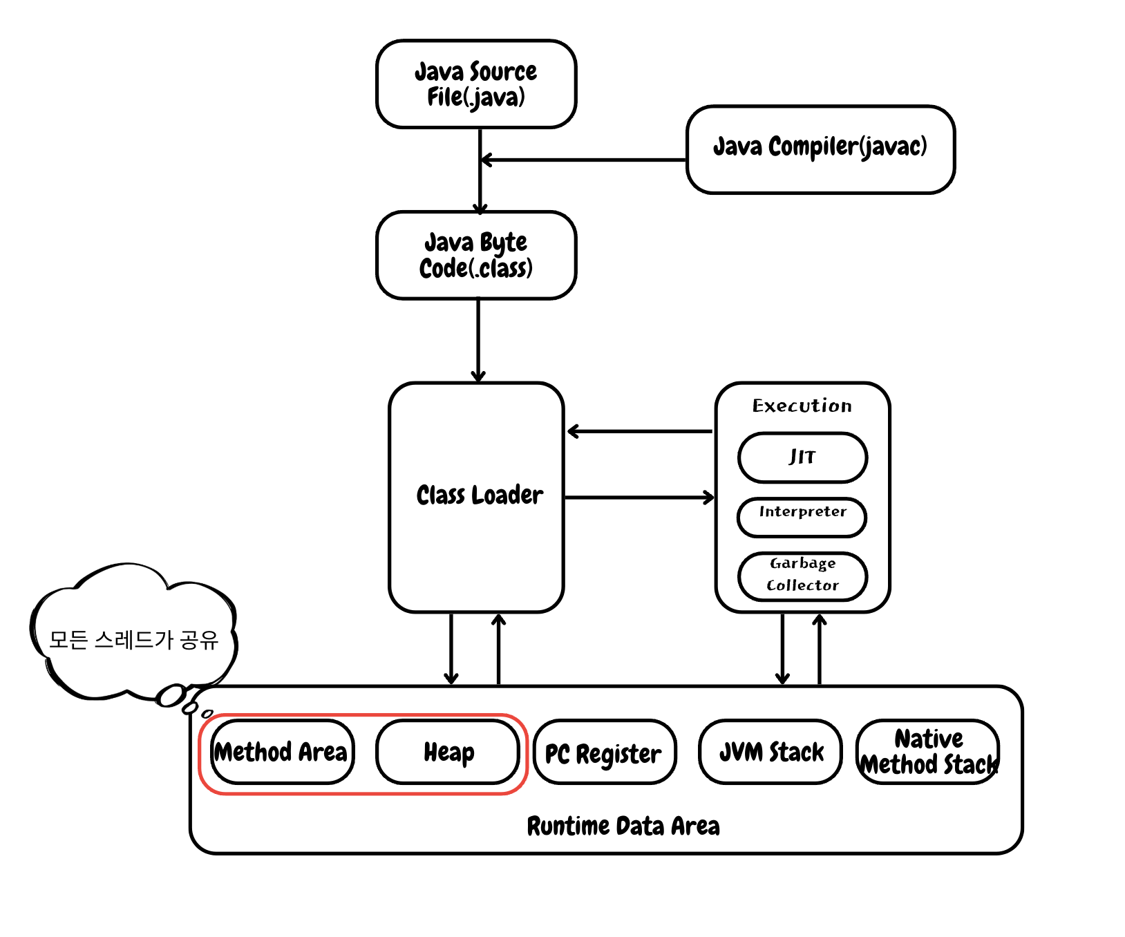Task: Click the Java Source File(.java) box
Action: coord(475,84)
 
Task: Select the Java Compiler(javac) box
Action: coord(820,149)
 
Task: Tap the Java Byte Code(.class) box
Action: coord(475,255)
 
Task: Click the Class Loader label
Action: coord(479,495)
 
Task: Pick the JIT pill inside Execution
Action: coord(802,457)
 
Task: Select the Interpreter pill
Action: coord(802,516)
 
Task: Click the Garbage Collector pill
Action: coord(802,576)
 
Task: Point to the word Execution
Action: coord(802,406)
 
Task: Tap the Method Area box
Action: coord(281,752)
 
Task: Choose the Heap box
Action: coord(448,752)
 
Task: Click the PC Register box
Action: coord(604,753)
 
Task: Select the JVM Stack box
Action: coord(771,752)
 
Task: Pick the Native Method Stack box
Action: coord(928,752)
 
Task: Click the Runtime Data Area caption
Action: coord(623,826)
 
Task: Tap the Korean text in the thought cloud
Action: coord(133,640)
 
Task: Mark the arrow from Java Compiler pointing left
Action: coord(584,160)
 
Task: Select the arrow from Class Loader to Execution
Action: coord(639,497)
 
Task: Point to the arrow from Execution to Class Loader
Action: coord(639,432)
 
